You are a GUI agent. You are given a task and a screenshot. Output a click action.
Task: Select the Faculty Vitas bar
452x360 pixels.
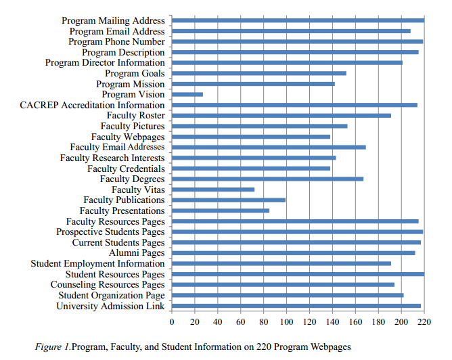[213, 189]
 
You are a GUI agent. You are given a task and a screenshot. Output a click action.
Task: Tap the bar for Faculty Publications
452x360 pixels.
[229, 200]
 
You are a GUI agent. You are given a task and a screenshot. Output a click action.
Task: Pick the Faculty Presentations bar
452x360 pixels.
[221, 210]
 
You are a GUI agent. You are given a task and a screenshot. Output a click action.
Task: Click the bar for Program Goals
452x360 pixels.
[259, 73]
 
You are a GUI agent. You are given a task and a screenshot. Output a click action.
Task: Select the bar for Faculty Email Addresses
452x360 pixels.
[269, 147]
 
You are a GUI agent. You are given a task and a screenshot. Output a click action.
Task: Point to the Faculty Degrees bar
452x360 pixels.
[268, 179]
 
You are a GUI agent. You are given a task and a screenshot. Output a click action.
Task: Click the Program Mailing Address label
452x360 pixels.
[113, 21]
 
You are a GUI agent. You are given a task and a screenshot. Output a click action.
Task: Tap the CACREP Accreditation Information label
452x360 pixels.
[92, 105]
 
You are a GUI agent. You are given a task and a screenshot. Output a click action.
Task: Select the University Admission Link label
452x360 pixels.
[110, 307]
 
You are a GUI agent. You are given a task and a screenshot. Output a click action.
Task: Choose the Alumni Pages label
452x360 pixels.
[137, 253]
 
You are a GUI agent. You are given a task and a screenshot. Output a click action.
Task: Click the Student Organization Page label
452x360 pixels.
[112, 296]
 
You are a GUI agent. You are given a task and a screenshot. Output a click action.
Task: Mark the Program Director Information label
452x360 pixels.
[105, 63]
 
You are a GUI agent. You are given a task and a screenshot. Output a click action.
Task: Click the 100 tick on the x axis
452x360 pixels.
[286, 321]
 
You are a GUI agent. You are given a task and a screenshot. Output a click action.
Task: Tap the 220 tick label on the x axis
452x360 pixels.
[424, 321]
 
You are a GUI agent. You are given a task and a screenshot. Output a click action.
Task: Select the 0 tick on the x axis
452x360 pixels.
[172, 321]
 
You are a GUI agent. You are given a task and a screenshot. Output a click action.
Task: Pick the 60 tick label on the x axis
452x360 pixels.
[241, 321]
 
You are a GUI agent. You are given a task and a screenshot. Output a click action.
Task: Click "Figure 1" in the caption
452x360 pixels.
[52, 346]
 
